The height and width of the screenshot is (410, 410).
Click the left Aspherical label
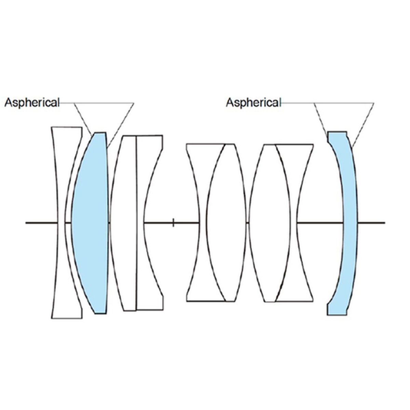click(x=32, y=102)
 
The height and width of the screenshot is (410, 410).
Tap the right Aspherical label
click(x=254, y=102)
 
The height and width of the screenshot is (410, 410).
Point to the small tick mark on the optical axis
click(x=174, y=223)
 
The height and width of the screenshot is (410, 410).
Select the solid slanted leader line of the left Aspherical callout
click(x=120, y=125)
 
